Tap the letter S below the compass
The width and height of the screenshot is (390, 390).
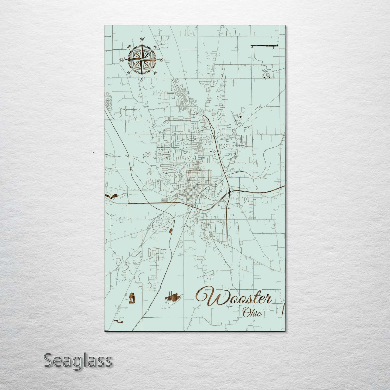141,79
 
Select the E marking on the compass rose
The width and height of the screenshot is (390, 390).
161,60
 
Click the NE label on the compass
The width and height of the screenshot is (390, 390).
155,47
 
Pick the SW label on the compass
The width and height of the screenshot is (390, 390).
129,72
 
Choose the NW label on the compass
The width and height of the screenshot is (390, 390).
129,47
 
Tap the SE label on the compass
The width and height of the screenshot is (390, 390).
155,73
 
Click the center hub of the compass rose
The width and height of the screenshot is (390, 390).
142,59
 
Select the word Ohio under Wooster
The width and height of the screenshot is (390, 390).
252,313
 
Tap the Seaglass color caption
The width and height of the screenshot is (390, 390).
77,360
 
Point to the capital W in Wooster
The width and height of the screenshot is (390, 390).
206,297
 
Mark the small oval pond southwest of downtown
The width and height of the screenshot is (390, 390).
171,230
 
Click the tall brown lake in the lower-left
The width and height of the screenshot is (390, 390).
132,298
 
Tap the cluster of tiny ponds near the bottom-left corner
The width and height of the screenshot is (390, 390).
119,321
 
